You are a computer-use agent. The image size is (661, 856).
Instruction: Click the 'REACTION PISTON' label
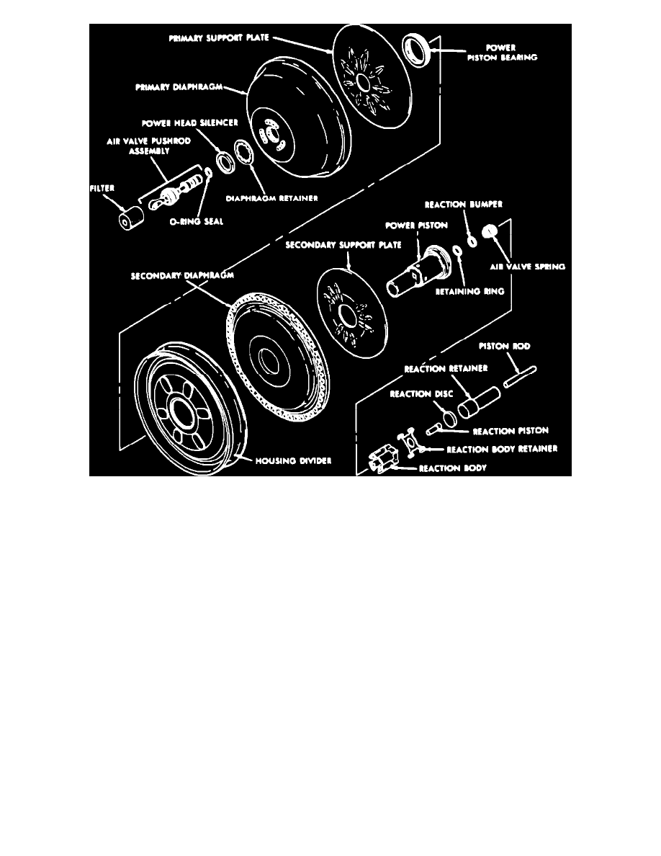tap(511, 432)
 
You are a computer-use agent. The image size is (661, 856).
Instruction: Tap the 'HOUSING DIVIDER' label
tap(293, 461)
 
